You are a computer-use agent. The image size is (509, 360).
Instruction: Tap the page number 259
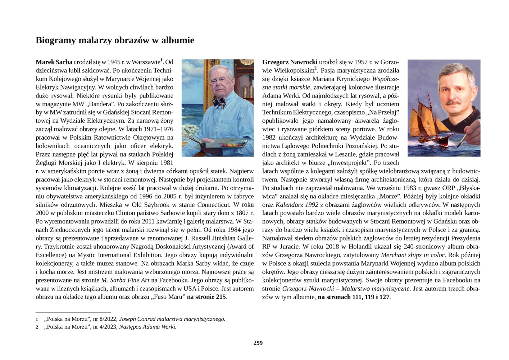tap(258, 343)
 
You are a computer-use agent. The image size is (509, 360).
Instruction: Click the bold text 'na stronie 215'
tap(207, 297)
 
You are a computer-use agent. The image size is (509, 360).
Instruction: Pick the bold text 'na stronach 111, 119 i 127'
tap(353, 297)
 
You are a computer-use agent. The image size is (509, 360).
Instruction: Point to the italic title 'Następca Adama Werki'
tap(147, 327)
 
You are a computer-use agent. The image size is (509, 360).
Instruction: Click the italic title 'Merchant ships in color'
tap(413, 255)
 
